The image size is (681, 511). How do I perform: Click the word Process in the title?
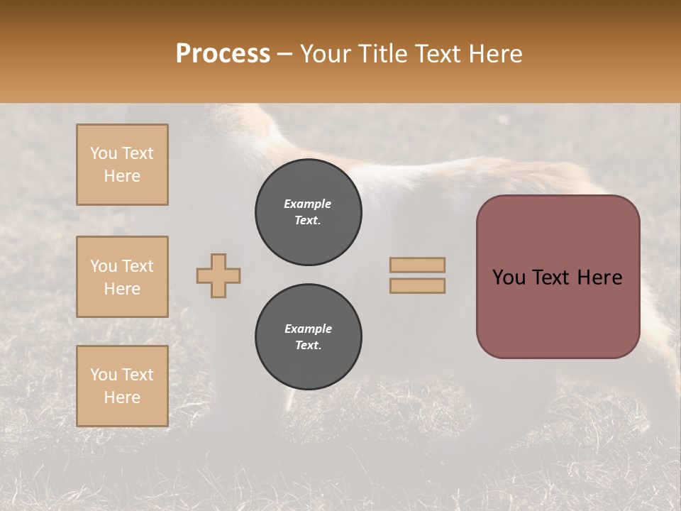(223, 54)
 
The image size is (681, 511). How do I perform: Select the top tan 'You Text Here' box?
(122, 165)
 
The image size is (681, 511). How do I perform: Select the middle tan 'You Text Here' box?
(122, 277)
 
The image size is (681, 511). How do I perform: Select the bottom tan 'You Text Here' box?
(122, 386)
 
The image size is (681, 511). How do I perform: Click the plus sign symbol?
(218, 275)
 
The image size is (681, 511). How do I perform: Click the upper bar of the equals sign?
(417, 265)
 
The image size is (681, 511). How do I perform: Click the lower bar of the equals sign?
(417, 285)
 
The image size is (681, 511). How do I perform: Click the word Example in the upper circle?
(308, 204)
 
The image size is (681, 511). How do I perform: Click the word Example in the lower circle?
(308, 329)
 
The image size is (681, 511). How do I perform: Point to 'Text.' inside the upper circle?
(308, 221)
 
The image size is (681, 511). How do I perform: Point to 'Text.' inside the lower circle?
(308, 346)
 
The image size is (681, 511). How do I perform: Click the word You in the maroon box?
(509, 278)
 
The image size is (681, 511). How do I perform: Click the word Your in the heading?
(327, 54)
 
